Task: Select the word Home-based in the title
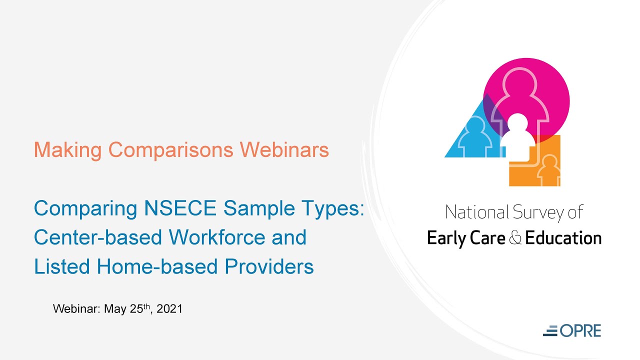(x=156, y=266)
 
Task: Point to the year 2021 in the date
(x=169, y=309)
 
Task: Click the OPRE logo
(x=572, y=330)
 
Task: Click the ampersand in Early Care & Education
(x=515, y=238)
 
